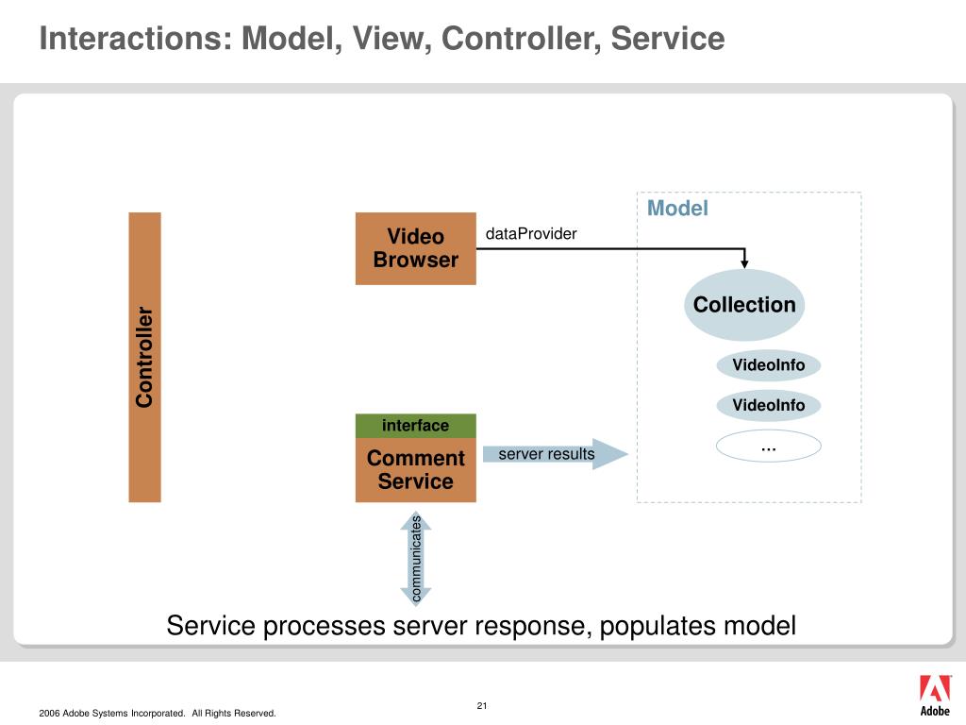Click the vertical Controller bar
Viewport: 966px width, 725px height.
144,357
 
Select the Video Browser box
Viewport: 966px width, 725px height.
416,248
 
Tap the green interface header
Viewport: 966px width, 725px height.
416,426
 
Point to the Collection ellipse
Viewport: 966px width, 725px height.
744,305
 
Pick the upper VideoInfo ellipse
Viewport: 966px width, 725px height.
768,365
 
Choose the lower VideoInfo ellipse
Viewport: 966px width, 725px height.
768,405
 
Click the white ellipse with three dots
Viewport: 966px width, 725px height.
768,446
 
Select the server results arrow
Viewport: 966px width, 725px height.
555,454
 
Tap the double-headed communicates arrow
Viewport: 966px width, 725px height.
416,558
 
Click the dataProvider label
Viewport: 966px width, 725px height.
531,234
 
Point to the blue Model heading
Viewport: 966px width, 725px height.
677,209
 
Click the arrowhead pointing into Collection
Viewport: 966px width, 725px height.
744,263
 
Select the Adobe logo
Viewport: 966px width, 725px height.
935,696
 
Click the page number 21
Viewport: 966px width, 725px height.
482,705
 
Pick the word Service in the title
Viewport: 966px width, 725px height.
668,38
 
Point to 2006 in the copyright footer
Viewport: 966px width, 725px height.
49,714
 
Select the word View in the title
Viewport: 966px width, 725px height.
391,39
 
